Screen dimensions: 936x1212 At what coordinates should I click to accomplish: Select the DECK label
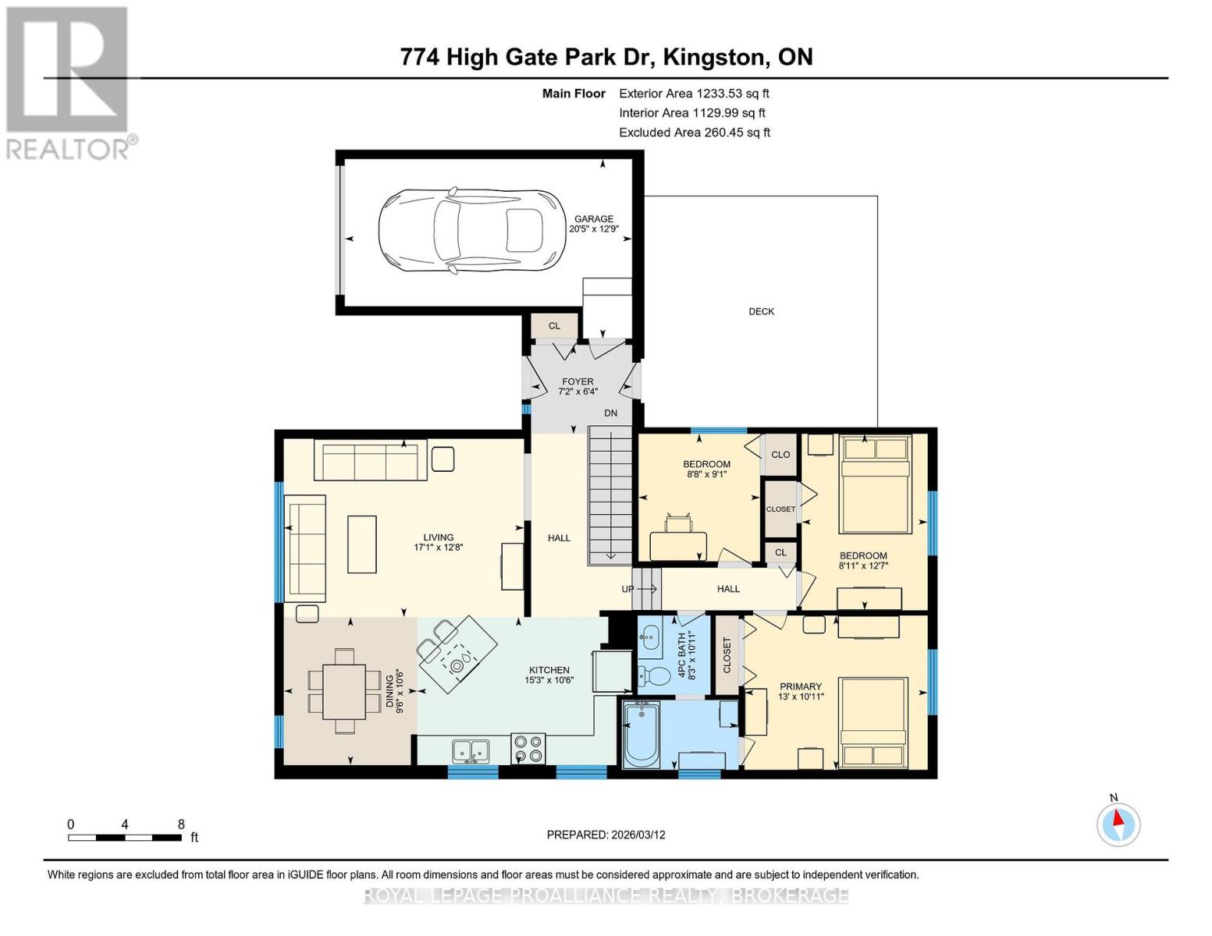click(x=761, y=311)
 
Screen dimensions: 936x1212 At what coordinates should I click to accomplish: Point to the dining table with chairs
click(x=344, y=691)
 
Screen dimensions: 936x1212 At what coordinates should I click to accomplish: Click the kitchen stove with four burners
click(x=528, y=749)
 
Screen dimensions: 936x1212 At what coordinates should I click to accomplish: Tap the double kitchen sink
click(x=471, y=751)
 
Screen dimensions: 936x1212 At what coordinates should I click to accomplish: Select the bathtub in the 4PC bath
click(x=642, y=734)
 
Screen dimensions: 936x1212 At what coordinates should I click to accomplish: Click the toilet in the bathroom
click(x=654, y=676)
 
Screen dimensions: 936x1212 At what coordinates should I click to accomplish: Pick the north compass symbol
click(x=1118, y=824)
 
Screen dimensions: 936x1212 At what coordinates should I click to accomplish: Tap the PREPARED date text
click(x=606, y=835)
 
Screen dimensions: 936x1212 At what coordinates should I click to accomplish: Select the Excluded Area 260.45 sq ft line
click(x=695, y=133)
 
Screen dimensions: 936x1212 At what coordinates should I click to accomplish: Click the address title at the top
click(x=606, y=57)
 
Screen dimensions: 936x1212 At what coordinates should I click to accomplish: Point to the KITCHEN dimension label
click(x=549, y=675)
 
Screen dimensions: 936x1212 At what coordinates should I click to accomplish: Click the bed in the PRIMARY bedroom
click(x=873, y=722)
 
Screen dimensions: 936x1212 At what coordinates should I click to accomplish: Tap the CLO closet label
click(x=780, y=455)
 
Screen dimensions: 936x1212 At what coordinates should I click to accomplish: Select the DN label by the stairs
click(x=610, y=413)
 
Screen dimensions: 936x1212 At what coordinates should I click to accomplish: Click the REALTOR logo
click(x=69, y=82)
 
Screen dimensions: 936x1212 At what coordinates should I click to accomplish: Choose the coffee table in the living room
click(x=362, y=544)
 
